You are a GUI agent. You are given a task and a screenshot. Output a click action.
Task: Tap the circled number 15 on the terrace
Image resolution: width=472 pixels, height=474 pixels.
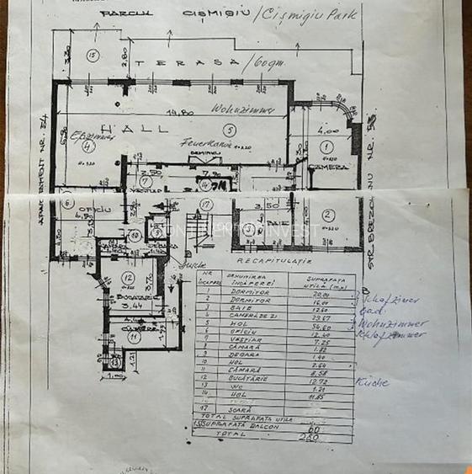tap(93, 56)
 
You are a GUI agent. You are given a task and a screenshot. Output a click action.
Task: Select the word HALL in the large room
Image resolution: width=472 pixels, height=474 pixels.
tap(135, 128)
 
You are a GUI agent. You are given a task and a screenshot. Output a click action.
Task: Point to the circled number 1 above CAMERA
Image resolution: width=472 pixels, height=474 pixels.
tap(327, 146)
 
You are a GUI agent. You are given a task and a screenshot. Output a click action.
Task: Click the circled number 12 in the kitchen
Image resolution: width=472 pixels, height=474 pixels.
tap(127, 277)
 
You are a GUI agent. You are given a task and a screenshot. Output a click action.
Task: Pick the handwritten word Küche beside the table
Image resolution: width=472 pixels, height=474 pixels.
tap(372, 381)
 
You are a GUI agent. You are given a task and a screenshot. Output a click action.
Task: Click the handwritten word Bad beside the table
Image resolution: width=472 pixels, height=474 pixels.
tap(363, 310)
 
